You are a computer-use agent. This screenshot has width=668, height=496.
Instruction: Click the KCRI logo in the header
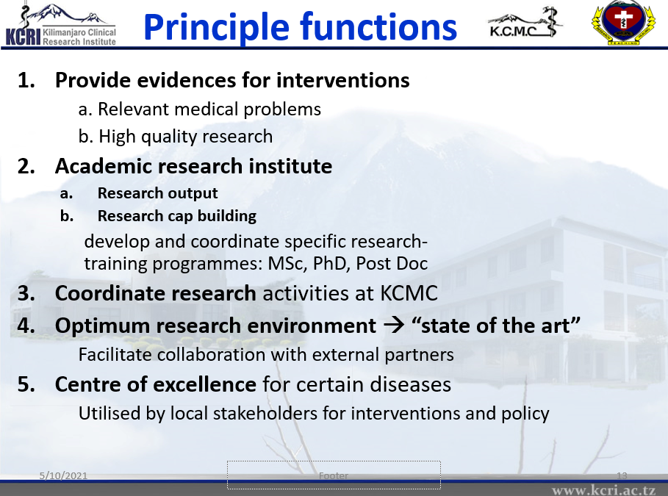click(x=60, y=25)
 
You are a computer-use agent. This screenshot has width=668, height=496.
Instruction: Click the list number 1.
click(x=26, y=80)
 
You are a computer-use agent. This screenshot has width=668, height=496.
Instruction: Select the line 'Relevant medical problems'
click(x=200, y=109)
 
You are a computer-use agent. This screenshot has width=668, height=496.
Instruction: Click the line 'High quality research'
click(x=176, y=137)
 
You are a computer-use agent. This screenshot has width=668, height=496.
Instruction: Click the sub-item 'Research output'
click(x=157, y=193)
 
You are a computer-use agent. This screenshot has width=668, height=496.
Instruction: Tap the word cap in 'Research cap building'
click(x=181, y=217)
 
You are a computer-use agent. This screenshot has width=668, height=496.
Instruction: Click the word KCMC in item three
click(x=409, y=293)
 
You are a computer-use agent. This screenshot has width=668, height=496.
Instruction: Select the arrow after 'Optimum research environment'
click(x=394, y=326)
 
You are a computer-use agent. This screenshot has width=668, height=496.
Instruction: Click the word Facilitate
click(x=115, y=354)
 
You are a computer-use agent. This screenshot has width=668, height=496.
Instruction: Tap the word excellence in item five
click(x=204, y=384)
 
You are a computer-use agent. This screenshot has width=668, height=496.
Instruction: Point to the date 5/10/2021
click(x=63, y=475)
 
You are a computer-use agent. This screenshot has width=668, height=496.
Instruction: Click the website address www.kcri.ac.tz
click(x=603, y=490)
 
